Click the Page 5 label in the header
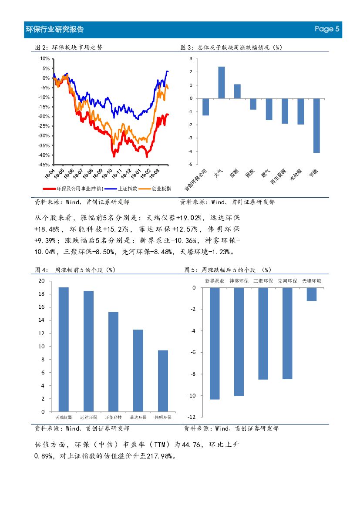coord(326,29)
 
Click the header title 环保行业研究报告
coord(55,30)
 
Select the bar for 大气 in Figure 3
coord(221,82)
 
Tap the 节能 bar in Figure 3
coord(316,125)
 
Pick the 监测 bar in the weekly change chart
coord(237,91)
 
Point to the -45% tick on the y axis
coord(44,165)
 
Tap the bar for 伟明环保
coord(163,381)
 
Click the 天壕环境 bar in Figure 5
coord(311,294)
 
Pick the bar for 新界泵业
coord(215,343)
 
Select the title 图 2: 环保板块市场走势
coord(68,47)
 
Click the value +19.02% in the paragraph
coord(189,218)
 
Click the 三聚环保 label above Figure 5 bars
coord(263,281)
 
